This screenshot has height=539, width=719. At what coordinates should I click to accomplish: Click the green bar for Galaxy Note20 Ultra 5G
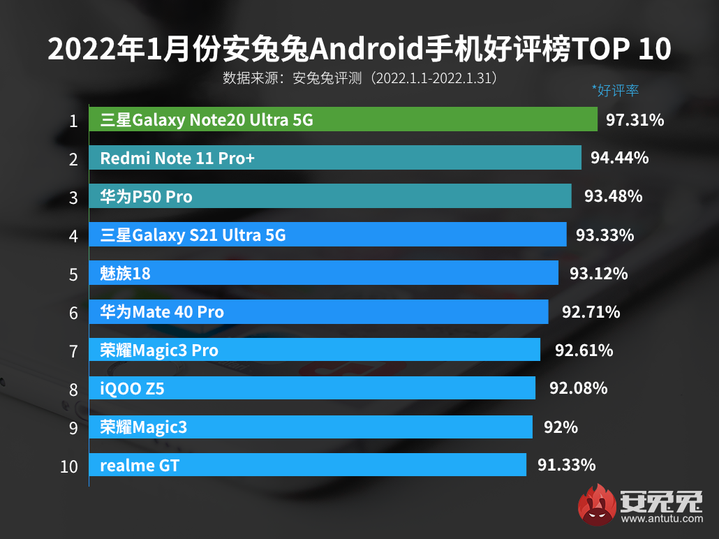point(343,120)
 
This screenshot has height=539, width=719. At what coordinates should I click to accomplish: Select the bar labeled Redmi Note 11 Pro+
point(335,158)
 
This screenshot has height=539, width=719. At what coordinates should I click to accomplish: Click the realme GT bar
point(308,465)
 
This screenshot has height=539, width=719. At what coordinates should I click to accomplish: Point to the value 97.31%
point(635,120)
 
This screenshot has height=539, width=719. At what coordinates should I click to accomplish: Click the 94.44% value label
point(619,158)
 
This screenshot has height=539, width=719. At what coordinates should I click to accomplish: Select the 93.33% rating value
point(605,235)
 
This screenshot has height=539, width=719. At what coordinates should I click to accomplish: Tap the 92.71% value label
point(591,311)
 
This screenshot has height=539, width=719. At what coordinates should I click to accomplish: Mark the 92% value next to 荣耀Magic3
point(561,427)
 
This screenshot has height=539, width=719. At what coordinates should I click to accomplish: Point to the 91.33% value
point(566,465)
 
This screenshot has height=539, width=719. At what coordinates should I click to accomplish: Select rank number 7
point(73,351)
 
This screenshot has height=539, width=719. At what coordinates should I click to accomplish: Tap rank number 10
point(69,466)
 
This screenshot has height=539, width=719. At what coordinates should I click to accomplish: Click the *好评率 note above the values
point(615,90)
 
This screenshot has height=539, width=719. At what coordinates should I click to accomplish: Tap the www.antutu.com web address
point(660,519)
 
